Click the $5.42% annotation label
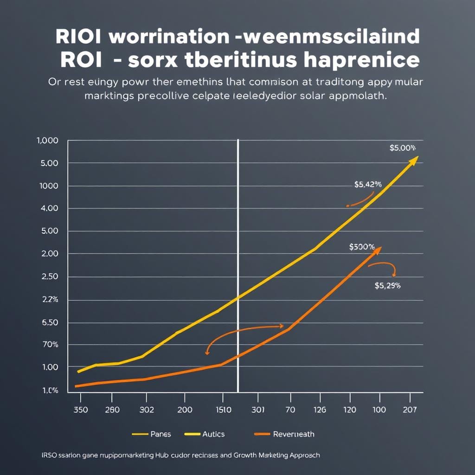(368, 185)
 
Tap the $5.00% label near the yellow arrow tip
(402, 148)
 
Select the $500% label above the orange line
(361, 247)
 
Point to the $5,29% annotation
(387, 286)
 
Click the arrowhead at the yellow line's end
(414, 160)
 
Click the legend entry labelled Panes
(152, 434)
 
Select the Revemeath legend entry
(284, 434)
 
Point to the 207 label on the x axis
(410, 410)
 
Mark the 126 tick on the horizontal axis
(320, 410)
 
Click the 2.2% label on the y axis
(50, 300)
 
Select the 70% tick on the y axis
(50, 345)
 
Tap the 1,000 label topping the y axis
(47, 141)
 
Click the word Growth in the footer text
(246, 455)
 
